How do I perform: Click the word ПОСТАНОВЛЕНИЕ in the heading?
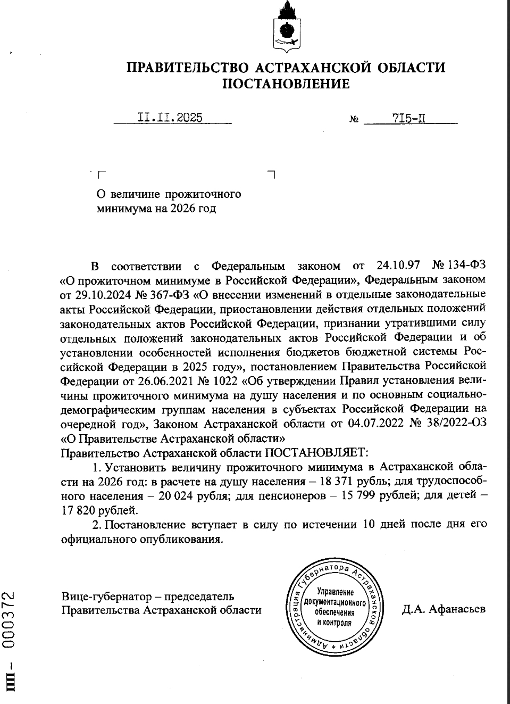pos(286,84)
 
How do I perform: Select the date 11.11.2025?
pos(170,118)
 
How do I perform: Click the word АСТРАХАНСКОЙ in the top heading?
pos(305,68)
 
